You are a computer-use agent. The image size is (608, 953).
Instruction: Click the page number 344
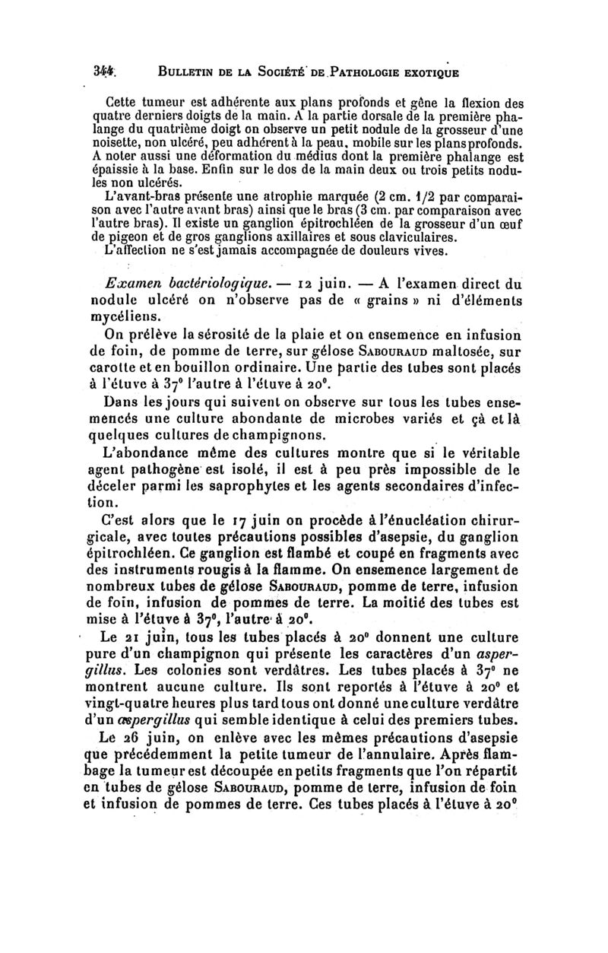click(119, 74)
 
